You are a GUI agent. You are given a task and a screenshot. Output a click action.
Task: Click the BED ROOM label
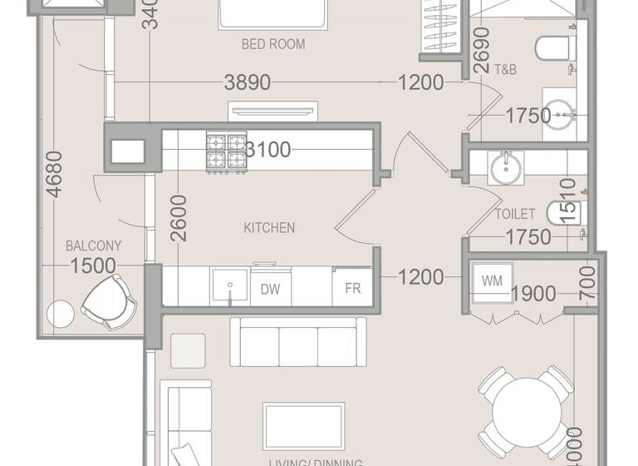pos(272,44)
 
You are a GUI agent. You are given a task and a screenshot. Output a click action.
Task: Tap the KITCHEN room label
pos(269,227)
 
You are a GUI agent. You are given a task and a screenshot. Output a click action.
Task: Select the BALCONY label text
pos(93,245)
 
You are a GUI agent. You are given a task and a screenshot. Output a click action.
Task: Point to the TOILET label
pos(515,214)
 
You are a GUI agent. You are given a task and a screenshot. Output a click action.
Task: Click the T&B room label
pos(505,70)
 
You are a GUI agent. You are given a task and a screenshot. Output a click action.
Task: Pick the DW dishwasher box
pos(270,289)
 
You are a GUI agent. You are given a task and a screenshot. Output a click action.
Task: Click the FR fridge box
pos(352,289)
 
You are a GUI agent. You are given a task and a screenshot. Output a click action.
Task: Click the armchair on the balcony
pos(110,303)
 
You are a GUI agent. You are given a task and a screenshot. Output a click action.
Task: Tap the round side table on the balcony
pos(61,314)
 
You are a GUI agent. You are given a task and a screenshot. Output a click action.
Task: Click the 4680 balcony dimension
pos(54,173)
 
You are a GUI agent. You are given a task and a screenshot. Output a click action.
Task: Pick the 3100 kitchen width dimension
pos(268,150)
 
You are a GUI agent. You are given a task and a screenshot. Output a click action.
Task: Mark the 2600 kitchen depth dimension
pos(178,218)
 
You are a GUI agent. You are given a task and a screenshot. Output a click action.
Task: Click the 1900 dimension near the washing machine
pos(533,294)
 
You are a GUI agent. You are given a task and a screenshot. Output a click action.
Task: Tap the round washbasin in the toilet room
pos(505,167)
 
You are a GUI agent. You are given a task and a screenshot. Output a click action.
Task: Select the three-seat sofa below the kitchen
pos(297,342)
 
